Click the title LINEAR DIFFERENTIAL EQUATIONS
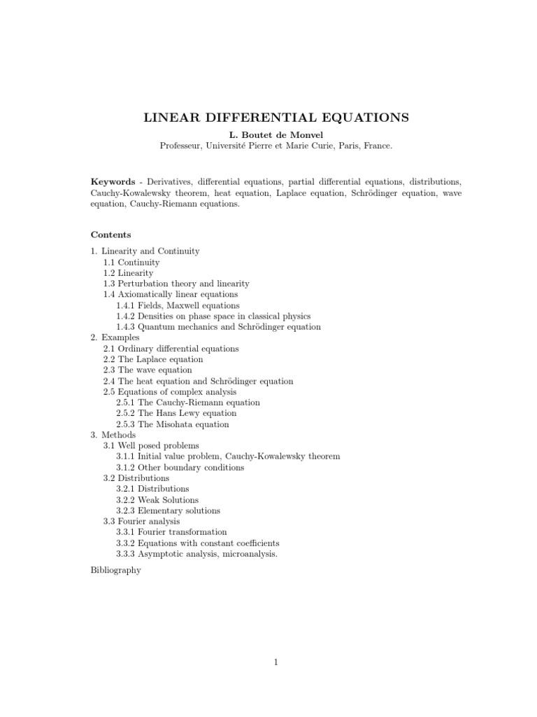276,117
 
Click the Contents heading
110,235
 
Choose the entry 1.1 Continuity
131,262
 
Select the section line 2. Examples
115,337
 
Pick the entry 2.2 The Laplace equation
153,359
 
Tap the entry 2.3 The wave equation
148,370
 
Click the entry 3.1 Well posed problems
151,445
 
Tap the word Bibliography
115,570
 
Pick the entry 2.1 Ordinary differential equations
171,348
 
